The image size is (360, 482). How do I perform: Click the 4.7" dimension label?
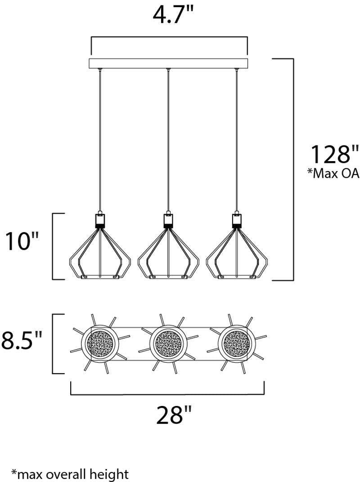click(173, 16)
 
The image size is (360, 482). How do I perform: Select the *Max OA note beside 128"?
click(333, 174)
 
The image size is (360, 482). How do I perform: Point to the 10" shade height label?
click(21, 242)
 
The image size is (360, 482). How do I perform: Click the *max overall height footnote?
click(70, 473)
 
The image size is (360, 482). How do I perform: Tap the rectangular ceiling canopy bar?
click(169, 63)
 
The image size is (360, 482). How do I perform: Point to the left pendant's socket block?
click(100, 220)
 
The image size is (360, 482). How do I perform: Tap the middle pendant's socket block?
click(168, 220)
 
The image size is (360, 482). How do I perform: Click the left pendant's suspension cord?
click(100, 135)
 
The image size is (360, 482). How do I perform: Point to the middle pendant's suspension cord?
click(168, 135)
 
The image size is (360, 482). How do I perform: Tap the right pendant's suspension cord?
click(236, 135)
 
